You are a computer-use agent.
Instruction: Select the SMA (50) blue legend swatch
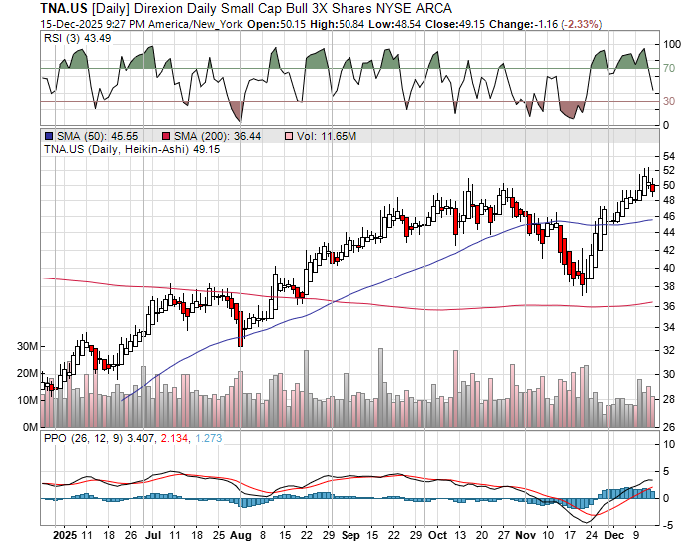click(48, 136)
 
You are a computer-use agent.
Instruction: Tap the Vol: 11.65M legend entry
click(324, 136)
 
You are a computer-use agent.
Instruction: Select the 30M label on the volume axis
click(27, 346)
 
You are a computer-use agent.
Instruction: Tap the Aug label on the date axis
click(241, 534)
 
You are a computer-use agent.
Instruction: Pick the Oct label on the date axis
click(436, 534)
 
